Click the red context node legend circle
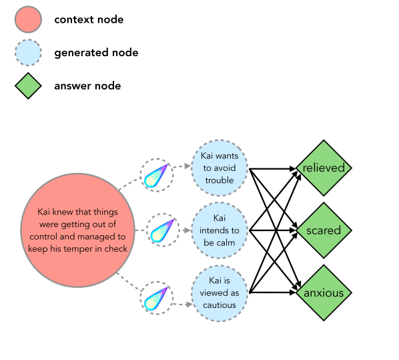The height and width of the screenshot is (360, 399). click(28, 19)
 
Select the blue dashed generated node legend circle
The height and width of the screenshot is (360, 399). click(28, 53)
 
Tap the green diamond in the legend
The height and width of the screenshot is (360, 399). click(28, 85)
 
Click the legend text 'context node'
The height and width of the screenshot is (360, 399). click(89, 19)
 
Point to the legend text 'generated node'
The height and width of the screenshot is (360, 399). click(96, 53)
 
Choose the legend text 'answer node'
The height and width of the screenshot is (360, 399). click(87, 85)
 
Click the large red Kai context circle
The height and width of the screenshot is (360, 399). click(78, 230)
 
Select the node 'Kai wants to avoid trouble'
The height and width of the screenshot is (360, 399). click(220, 168)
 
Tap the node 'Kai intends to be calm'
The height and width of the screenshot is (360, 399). click(220, 230)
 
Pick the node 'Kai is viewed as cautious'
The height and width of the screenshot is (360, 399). click(220, 293)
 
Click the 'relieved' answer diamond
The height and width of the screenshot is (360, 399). click(324, 168)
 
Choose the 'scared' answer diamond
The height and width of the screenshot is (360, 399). click(324, 230)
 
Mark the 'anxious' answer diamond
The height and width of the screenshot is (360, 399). click(324, 293)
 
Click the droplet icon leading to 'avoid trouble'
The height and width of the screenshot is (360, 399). click(158, 176)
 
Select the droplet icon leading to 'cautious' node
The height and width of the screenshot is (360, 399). click(158, 299)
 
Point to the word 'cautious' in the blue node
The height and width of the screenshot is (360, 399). click(220, 305)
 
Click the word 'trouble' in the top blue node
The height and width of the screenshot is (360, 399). click(220, 180)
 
